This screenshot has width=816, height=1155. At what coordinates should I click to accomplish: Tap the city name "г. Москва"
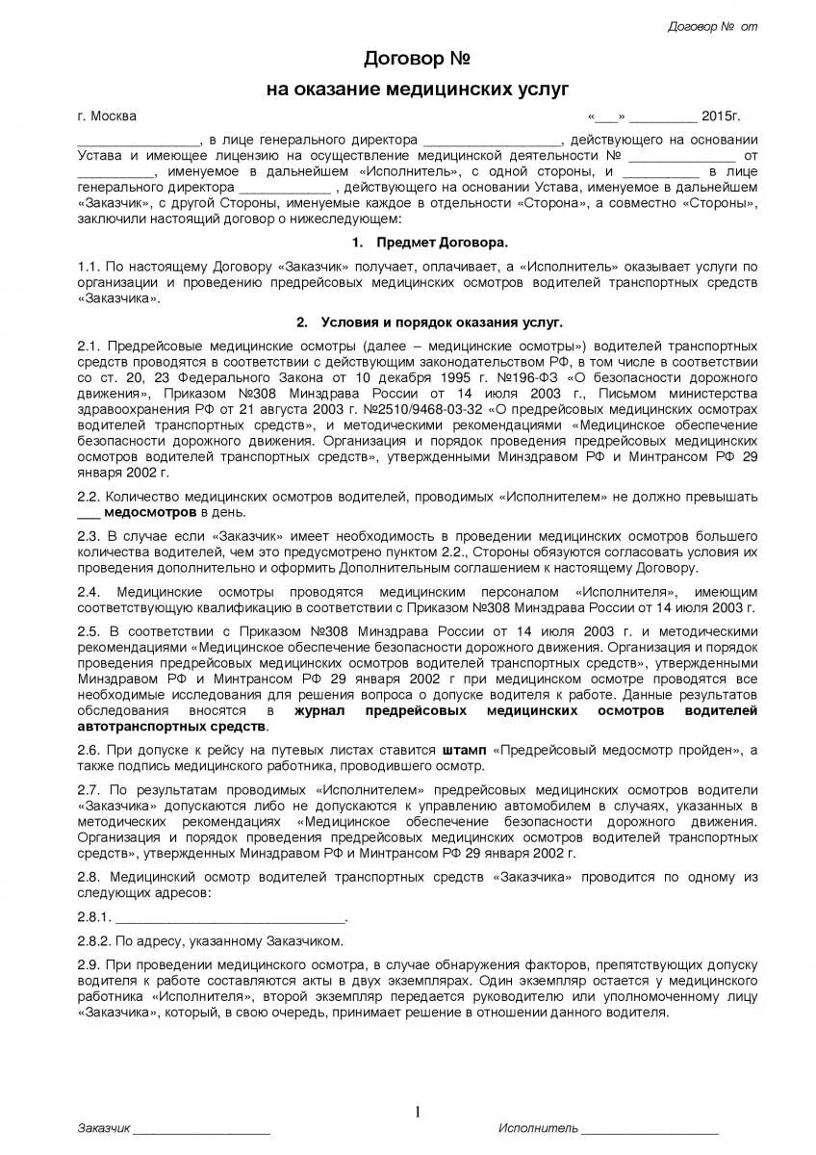click(107, 116)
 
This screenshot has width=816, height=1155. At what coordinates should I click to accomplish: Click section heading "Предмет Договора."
click(442, 242)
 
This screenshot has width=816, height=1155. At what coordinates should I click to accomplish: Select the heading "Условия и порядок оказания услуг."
click(442, 321)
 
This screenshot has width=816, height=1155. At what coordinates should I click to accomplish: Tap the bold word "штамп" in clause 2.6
click(467, 749)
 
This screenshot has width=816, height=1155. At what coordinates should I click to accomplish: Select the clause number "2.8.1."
click(94, 915)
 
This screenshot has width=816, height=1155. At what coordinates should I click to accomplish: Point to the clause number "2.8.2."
click(94, 939)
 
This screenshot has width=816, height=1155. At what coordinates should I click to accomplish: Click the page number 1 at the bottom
click(418, 1113)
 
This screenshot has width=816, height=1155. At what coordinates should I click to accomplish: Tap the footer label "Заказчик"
click(103, 1127)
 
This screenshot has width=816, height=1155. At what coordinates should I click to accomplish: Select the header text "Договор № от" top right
click(712, 26)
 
